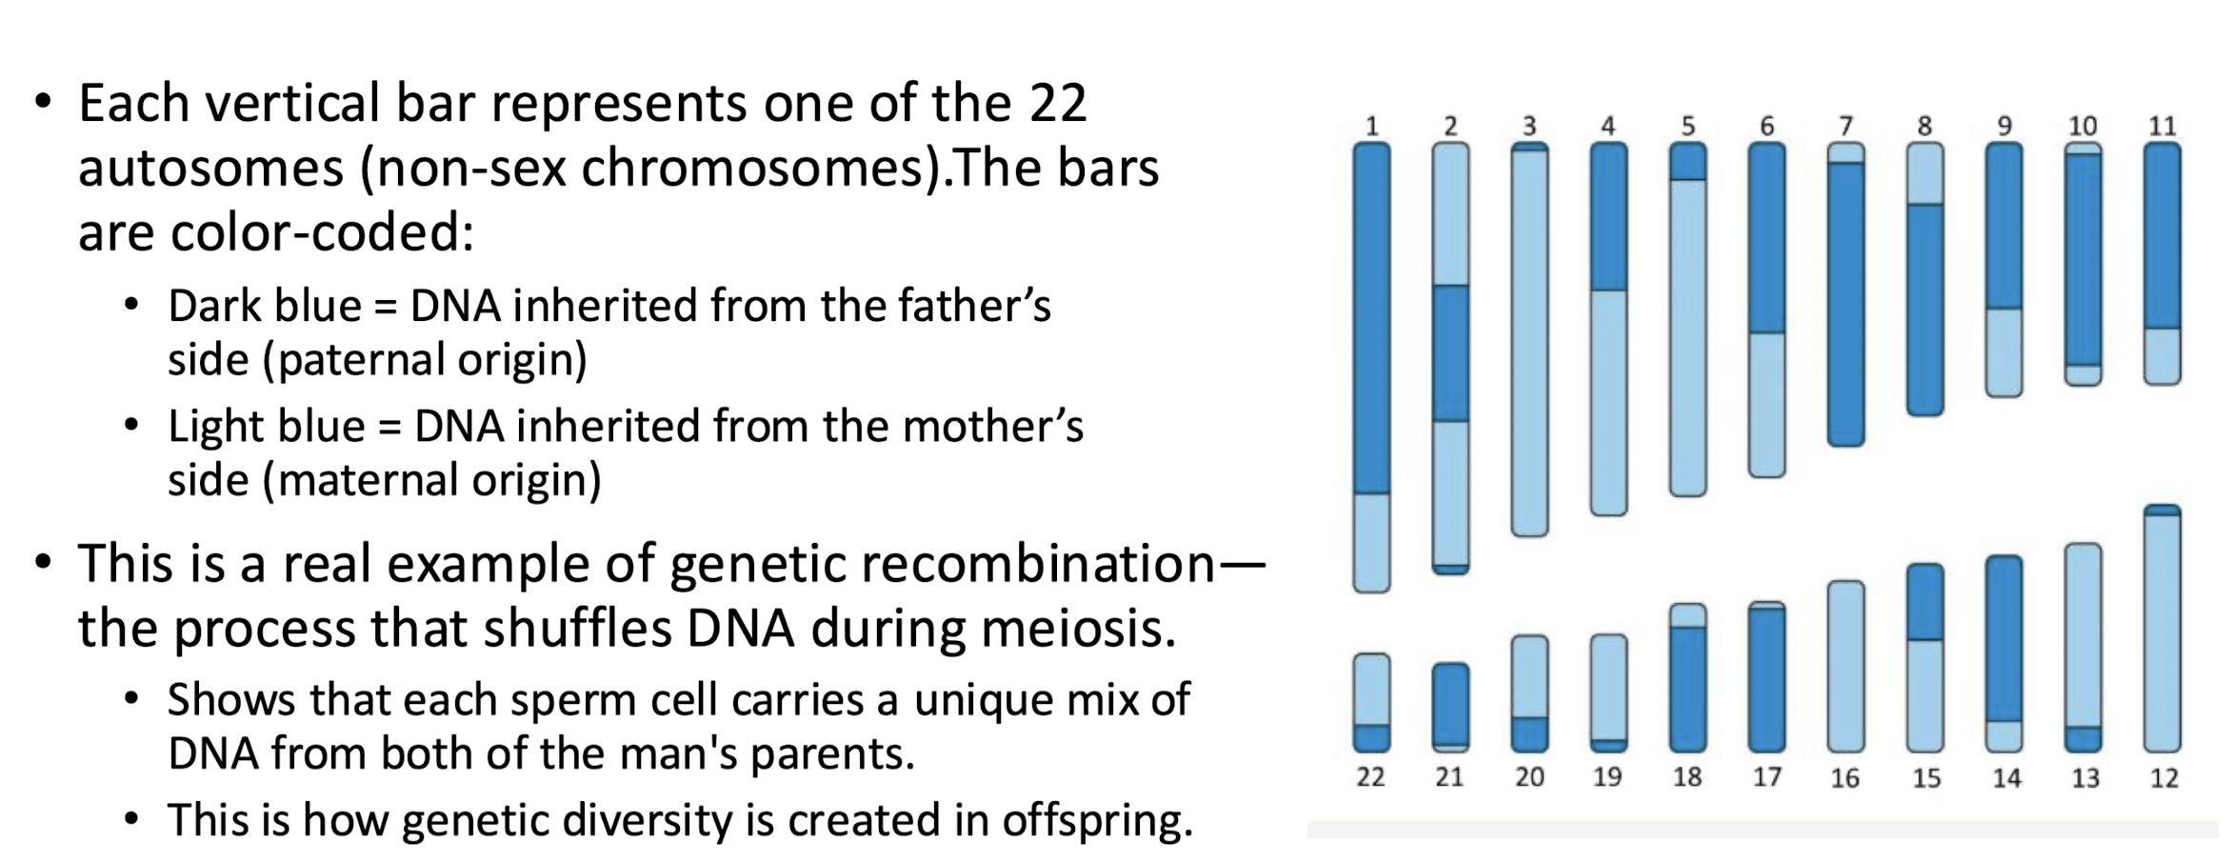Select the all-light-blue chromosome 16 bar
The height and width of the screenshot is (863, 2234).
tap(1845, 667)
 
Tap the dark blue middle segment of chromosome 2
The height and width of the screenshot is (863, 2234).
tap(1450, 353)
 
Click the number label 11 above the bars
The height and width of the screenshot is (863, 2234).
tap(2163, 126)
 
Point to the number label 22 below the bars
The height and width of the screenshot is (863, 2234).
tap(1370, 777)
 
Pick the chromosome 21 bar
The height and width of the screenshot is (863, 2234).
tap(1450, 707)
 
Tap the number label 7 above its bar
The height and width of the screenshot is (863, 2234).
tap(1845, 126)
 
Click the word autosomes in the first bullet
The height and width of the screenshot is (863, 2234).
tap(210, 170)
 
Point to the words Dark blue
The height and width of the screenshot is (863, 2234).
tap(264, 307)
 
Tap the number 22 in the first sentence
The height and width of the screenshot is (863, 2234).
tap(1056, 104)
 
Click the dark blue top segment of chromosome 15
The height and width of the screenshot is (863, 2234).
tap(1925, 602)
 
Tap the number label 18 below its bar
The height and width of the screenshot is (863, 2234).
tap(1686, 777)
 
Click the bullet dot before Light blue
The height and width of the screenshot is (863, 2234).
tap(132, 425)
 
